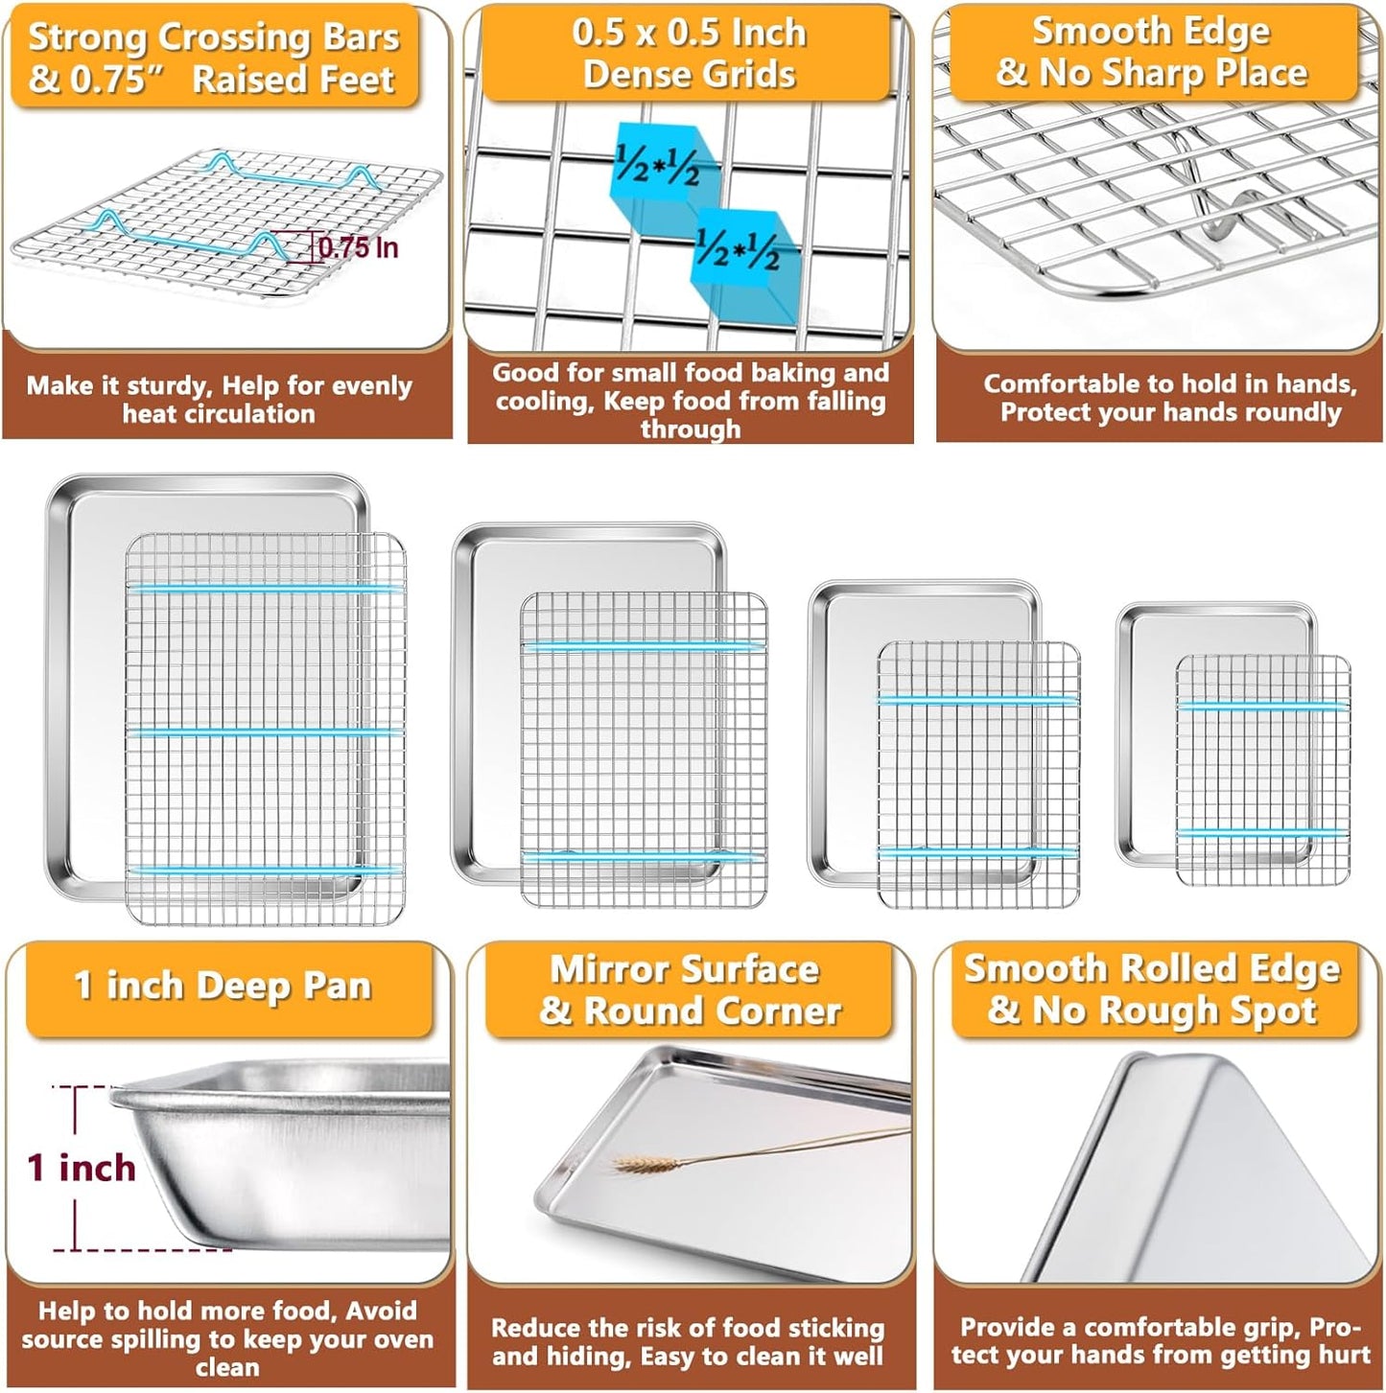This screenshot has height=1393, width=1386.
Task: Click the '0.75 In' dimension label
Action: click(357, 247)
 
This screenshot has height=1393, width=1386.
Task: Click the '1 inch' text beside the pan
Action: click(82, 1168)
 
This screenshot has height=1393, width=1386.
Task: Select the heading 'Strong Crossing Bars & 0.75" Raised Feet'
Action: click(213, 58)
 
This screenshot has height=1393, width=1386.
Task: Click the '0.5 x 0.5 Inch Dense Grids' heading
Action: click(689, 54)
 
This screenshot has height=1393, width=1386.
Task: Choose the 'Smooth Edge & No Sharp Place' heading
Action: click(1151, 52)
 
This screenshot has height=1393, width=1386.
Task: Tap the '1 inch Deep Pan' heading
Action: click(223, 987)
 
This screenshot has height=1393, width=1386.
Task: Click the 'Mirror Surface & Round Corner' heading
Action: click(689, 990)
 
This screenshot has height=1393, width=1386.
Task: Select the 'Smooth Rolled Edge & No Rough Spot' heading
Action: click(1151, 988)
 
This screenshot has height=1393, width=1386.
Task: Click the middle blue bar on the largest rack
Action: click(266, 732)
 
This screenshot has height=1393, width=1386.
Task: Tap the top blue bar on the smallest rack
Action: click(1262, 706)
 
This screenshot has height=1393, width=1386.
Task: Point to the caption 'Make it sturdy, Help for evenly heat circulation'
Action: click(219, 400)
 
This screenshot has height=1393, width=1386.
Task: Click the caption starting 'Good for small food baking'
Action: click(690, 400)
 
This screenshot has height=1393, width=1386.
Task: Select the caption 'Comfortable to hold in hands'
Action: click(1169, 398)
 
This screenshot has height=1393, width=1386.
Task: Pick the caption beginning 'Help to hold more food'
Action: click(227, 1338)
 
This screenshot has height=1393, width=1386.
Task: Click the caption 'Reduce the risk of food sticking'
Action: click(688, 1341)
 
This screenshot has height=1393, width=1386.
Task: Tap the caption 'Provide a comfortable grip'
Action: click(1161, 1340)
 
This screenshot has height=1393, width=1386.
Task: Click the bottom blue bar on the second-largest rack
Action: click(643, 854)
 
